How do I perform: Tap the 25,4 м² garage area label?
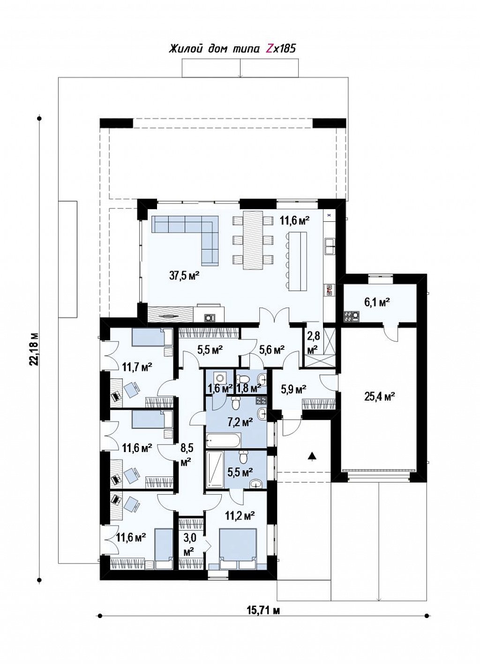click(380, 396)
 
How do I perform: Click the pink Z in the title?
click(270, 49)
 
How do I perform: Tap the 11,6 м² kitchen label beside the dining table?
click(295, 219)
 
